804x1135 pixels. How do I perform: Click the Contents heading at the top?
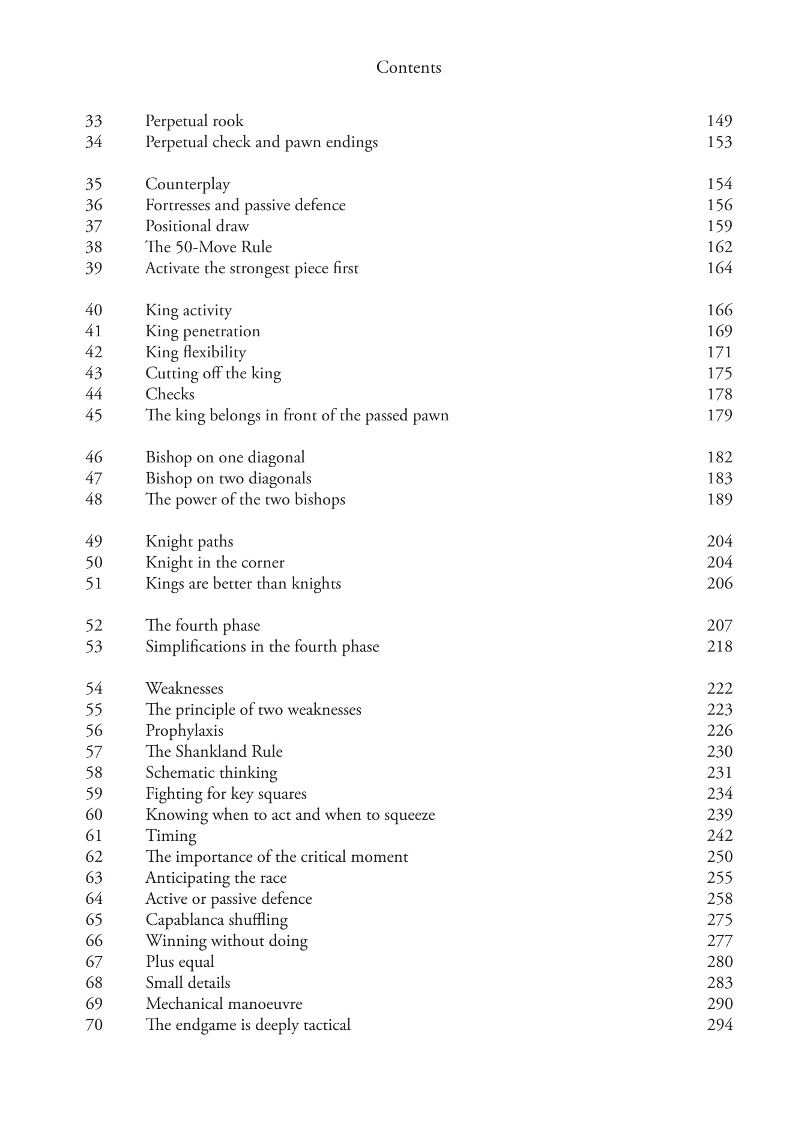tap(408, 67)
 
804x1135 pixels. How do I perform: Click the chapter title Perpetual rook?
tap(194, 121)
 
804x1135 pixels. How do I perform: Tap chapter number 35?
tap(94, 184)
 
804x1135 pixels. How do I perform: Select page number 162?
tap(719, 247)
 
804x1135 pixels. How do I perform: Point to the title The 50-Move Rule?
tap(208, 247)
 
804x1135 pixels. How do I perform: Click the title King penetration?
tap(202, 331)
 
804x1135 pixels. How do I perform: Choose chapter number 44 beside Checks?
tap(94, 395)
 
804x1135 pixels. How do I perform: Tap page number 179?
tap(719, 416)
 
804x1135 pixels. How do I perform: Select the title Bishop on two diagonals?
tap(228, 479)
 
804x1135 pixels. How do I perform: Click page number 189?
tap(719, 500)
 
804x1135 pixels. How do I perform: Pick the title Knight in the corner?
tap(214, 563)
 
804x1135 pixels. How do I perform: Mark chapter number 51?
tap(94, 584)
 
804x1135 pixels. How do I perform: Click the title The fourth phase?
tap(202, 626)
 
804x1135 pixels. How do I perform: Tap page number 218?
tap(719, 647)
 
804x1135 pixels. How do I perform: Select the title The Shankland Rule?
tap(214, 752)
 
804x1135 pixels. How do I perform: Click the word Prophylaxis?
tap(184, 731)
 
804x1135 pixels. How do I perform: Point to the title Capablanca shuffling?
tap(216, 920)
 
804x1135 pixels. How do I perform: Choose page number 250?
tap(719, 857)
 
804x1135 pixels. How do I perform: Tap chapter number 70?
tap(94, 1025)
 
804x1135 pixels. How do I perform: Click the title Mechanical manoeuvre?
tap(223, 1004)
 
